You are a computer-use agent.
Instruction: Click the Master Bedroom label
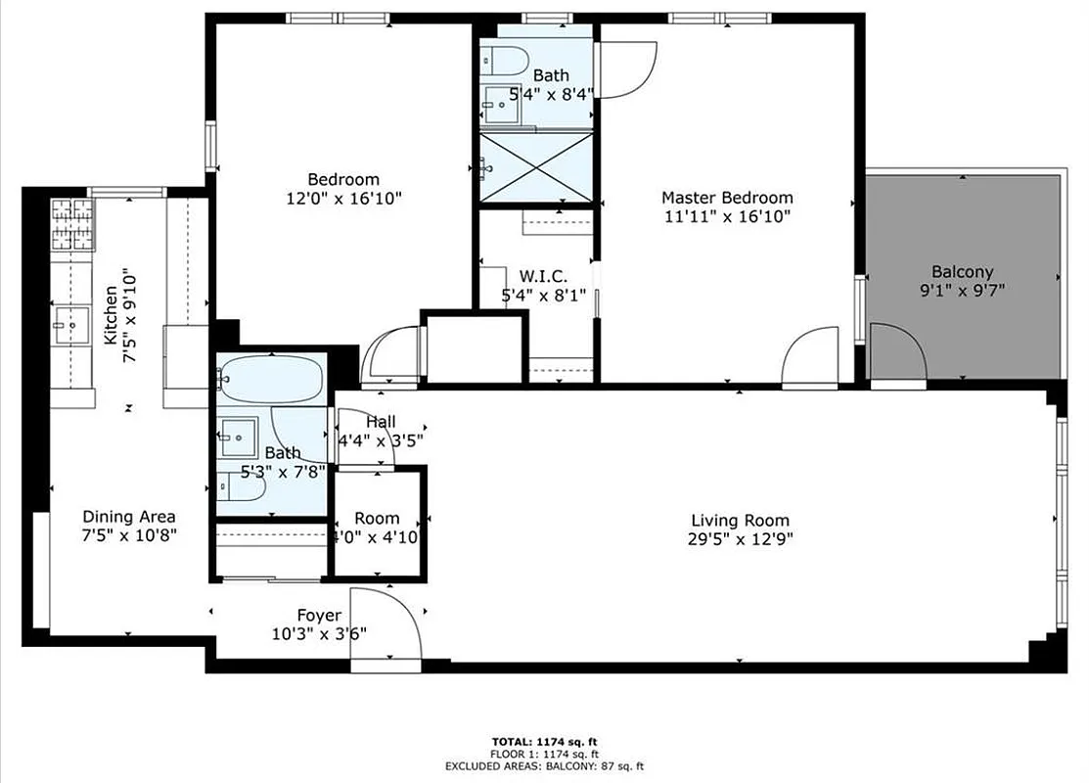pyautogui.click(x=726, y=197)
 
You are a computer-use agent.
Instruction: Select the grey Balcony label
pyautogui.click(x=962, y=272)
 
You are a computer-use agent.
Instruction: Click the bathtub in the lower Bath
pyautogui.click(x=269, y=380)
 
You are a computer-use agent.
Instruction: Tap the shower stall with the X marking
pyautogui.click(x=535, y=168)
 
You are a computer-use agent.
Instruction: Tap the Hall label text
pyautogui.click(x=381, y=421)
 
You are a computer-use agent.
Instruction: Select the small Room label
pyautogui.click(x=377, y=518)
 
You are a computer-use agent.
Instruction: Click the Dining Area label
pyautogui.click(x=128, y=517)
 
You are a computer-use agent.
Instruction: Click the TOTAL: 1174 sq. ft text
pyautogui.click(x=544, y=741)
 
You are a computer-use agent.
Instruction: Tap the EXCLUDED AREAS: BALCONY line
pyautogui.click(x=544, y=766)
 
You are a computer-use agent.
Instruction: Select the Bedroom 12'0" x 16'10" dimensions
pyautogui.click(x=343, y=198)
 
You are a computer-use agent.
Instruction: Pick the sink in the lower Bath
pyautogui.click(x=238, y=434)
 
